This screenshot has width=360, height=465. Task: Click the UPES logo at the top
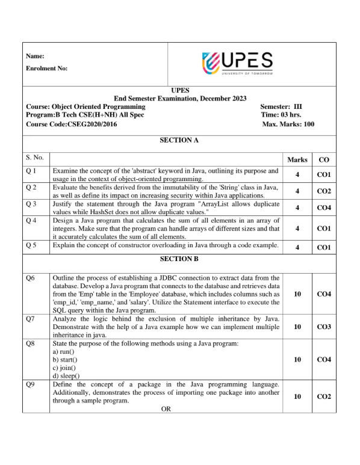[x=237, y=63]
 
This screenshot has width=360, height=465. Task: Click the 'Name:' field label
[x=36, y=56]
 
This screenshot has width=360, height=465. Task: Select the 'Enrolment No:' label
[x=47, y=68]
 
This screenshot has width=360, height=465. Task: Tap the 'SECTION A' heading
[x=179, y=140]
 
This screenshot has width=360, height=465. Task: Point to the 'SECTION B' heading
[x=179, y=259]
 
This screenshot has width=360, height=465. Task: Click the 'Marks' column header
[x=297, y=159]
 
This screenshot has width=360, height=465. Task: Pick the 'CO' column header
[x=324, y=159]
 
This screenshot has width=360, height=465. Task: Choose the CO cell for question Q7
[x=324, y=326]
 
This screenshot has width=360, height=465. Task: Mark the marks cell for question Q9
[x=297, y=396]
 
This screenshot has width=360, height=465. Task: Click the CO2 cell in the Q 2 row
[x=324, y=191]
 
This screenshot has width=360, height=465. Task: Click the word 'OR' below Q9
[x=167, y=408]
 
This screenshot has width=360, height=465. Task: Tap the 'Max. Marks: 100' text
[x=288, y=124]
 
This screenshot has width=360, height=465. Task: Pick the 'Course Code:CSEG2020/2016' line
[x=72, y=124]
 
